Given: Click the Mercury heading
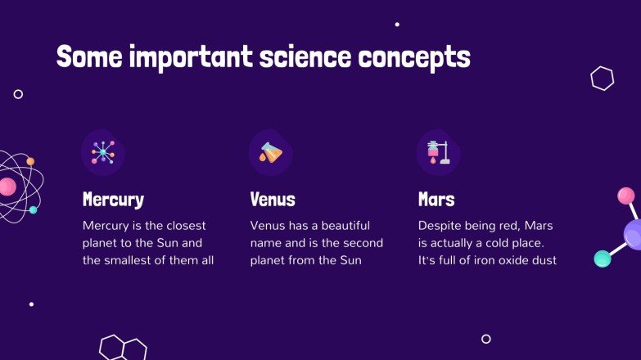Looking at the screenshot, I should click(113, 200).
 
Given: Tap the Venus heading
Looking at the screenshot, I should click(272, 200).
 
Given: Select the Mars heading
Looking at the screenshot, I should click(436, 200).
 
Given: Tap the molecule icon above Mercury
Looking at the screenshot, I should click(103, 152).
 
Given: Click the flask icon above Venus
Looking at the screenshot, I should click(270, 152).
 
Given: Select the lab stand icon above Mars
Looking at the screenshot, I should click(437, 152).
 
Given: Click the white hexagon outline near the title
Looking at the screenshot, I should click(602, 79).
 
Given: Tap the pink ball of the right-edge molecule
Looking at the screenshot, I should click(625, 196).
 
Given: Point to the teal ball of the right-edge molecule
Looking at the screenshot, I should click(603, 259).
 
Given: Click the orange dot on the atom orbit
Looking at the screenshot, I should click(30, 161).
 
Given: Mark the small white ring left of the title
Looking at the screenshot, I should click(18, 94).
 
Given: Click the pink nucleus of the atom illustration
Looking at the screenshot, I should click(7, 187).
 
